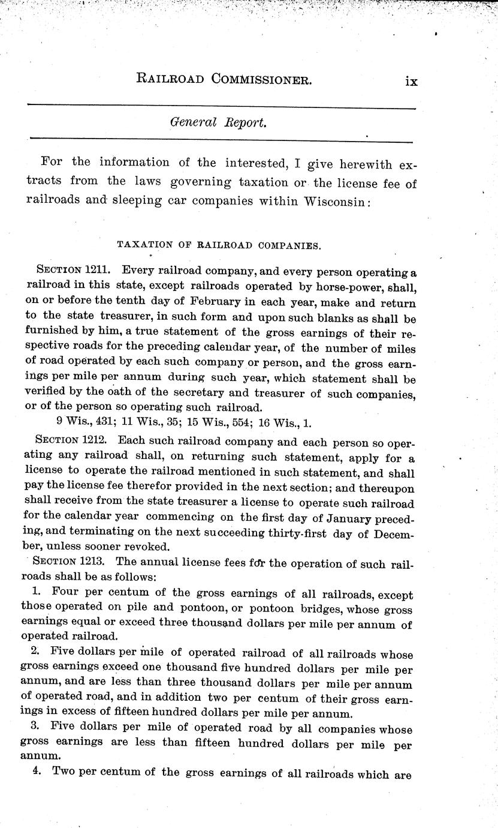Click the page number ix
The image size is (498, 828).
tap(411, 81)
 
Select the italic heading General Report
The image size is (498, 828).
tap(218, 122)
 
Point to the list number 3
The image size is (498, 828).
tap(35, 730)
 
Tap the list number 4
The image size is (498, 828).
tap(37, 773)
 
